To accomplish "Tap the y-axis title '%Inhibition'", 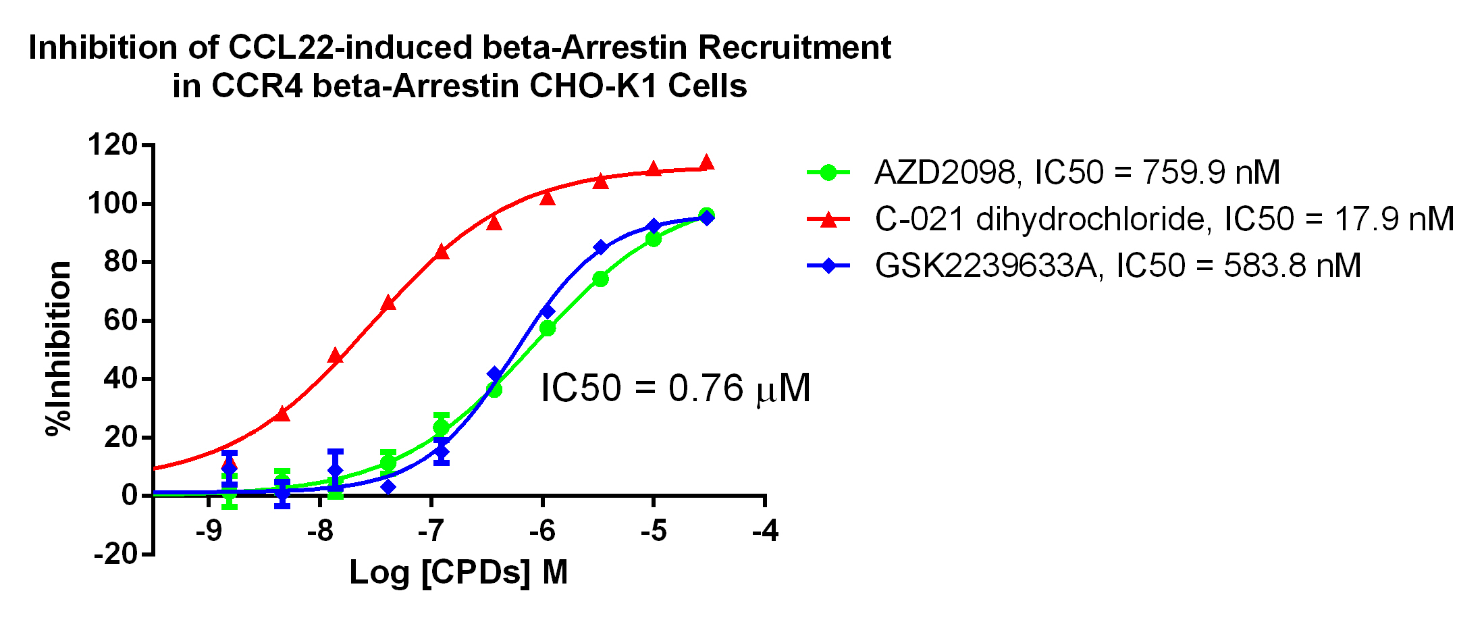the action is (59, 348).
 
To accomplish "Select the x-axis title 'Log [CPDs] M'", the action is (458, 573).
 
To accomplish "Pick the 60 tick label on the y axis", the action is (121, 319).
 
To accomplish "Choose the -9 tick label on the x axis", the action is (209, 531).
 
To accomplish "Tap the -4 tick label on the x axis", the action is (765, 531).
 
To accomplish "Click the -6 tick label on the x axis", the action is (542, 531).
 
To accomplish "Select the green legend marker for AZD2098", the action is (828, 172).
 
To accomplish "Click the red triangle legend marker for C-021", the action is (828, 219).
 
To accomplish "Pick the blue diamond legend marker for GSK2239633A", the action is (828, 265).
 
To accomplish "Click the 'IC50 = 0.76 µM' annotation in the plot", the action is (675, 388).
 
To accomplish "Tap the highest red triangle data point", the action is (707, 162).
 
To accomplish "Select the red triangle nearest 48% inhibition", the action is (336, 356).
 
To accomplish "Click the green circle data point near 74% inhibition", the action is (600, 279).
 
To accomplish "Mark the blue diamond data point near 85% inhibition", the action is (601, 247).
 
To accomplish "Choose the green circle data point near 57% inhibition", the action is (548, 328).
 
